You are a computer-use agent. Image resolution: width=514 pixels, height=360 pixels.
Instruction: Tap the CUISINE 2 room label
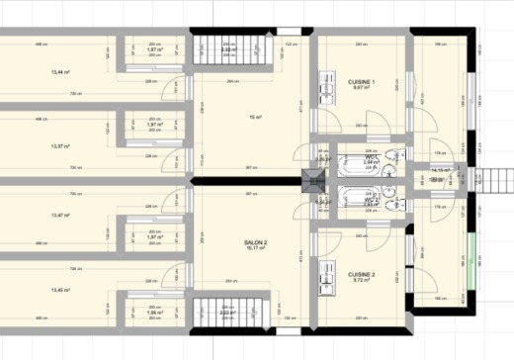coord(361,274)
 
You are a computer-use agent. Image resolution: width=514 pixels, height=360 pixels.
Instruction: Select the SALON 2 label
coord(256,242)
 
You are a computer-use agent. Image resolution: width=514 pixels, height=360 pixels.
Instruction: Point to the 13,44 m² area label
coord(59,72)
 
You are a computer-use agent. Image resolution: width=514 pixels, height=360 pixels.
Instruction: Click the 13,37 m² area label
coord(59,145)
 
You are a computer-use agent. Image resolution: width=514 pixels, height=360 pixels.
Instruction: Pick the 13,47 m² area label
coord(59,216)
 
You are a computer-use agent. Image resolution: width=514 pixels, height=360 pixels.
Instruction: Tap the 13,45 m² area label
coord(59,290)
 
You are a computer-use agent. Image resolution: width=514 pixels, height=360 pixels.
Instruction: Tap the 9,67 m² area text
coord(362,88)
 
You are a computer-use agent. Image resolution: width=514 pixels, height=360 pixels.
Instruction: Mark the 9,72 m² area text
coord(361,281)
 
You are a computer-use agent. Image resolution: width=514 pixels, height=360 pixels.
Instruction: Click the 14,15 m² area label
coord(440,170)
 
